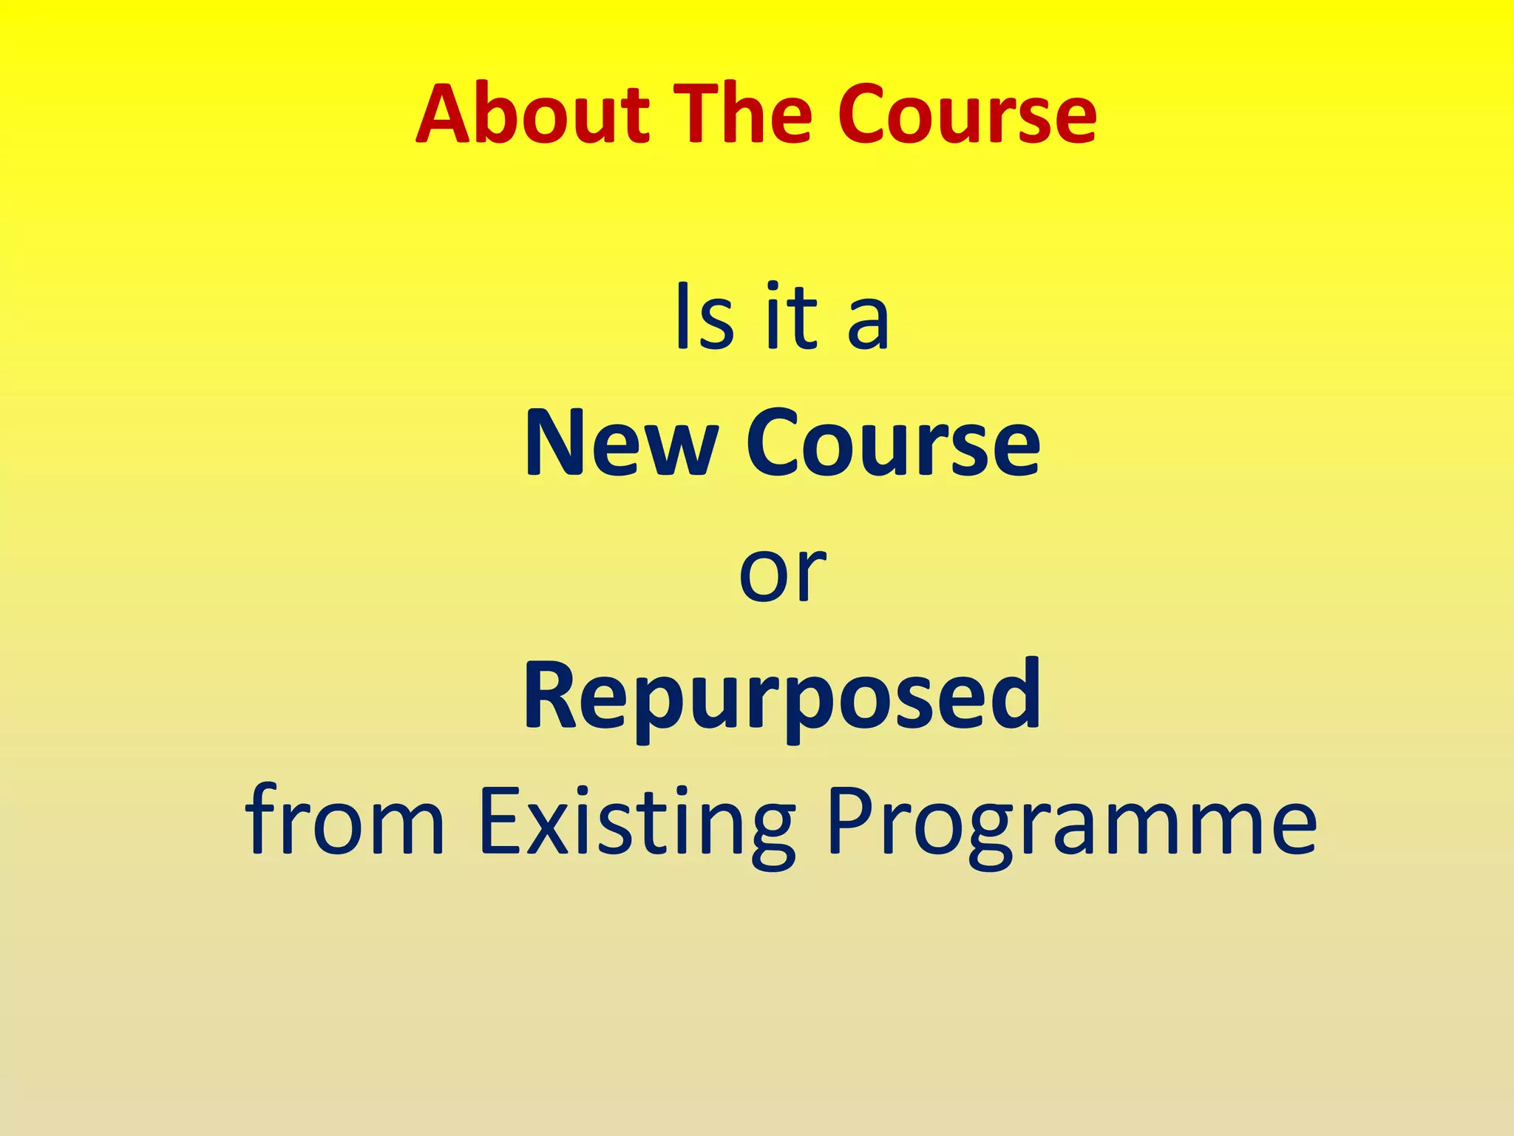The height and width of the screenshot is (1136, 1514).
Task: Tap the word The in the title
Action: coord(747,115)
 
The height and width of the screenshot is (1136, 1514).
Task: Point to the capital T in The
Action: coord(703,115)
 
